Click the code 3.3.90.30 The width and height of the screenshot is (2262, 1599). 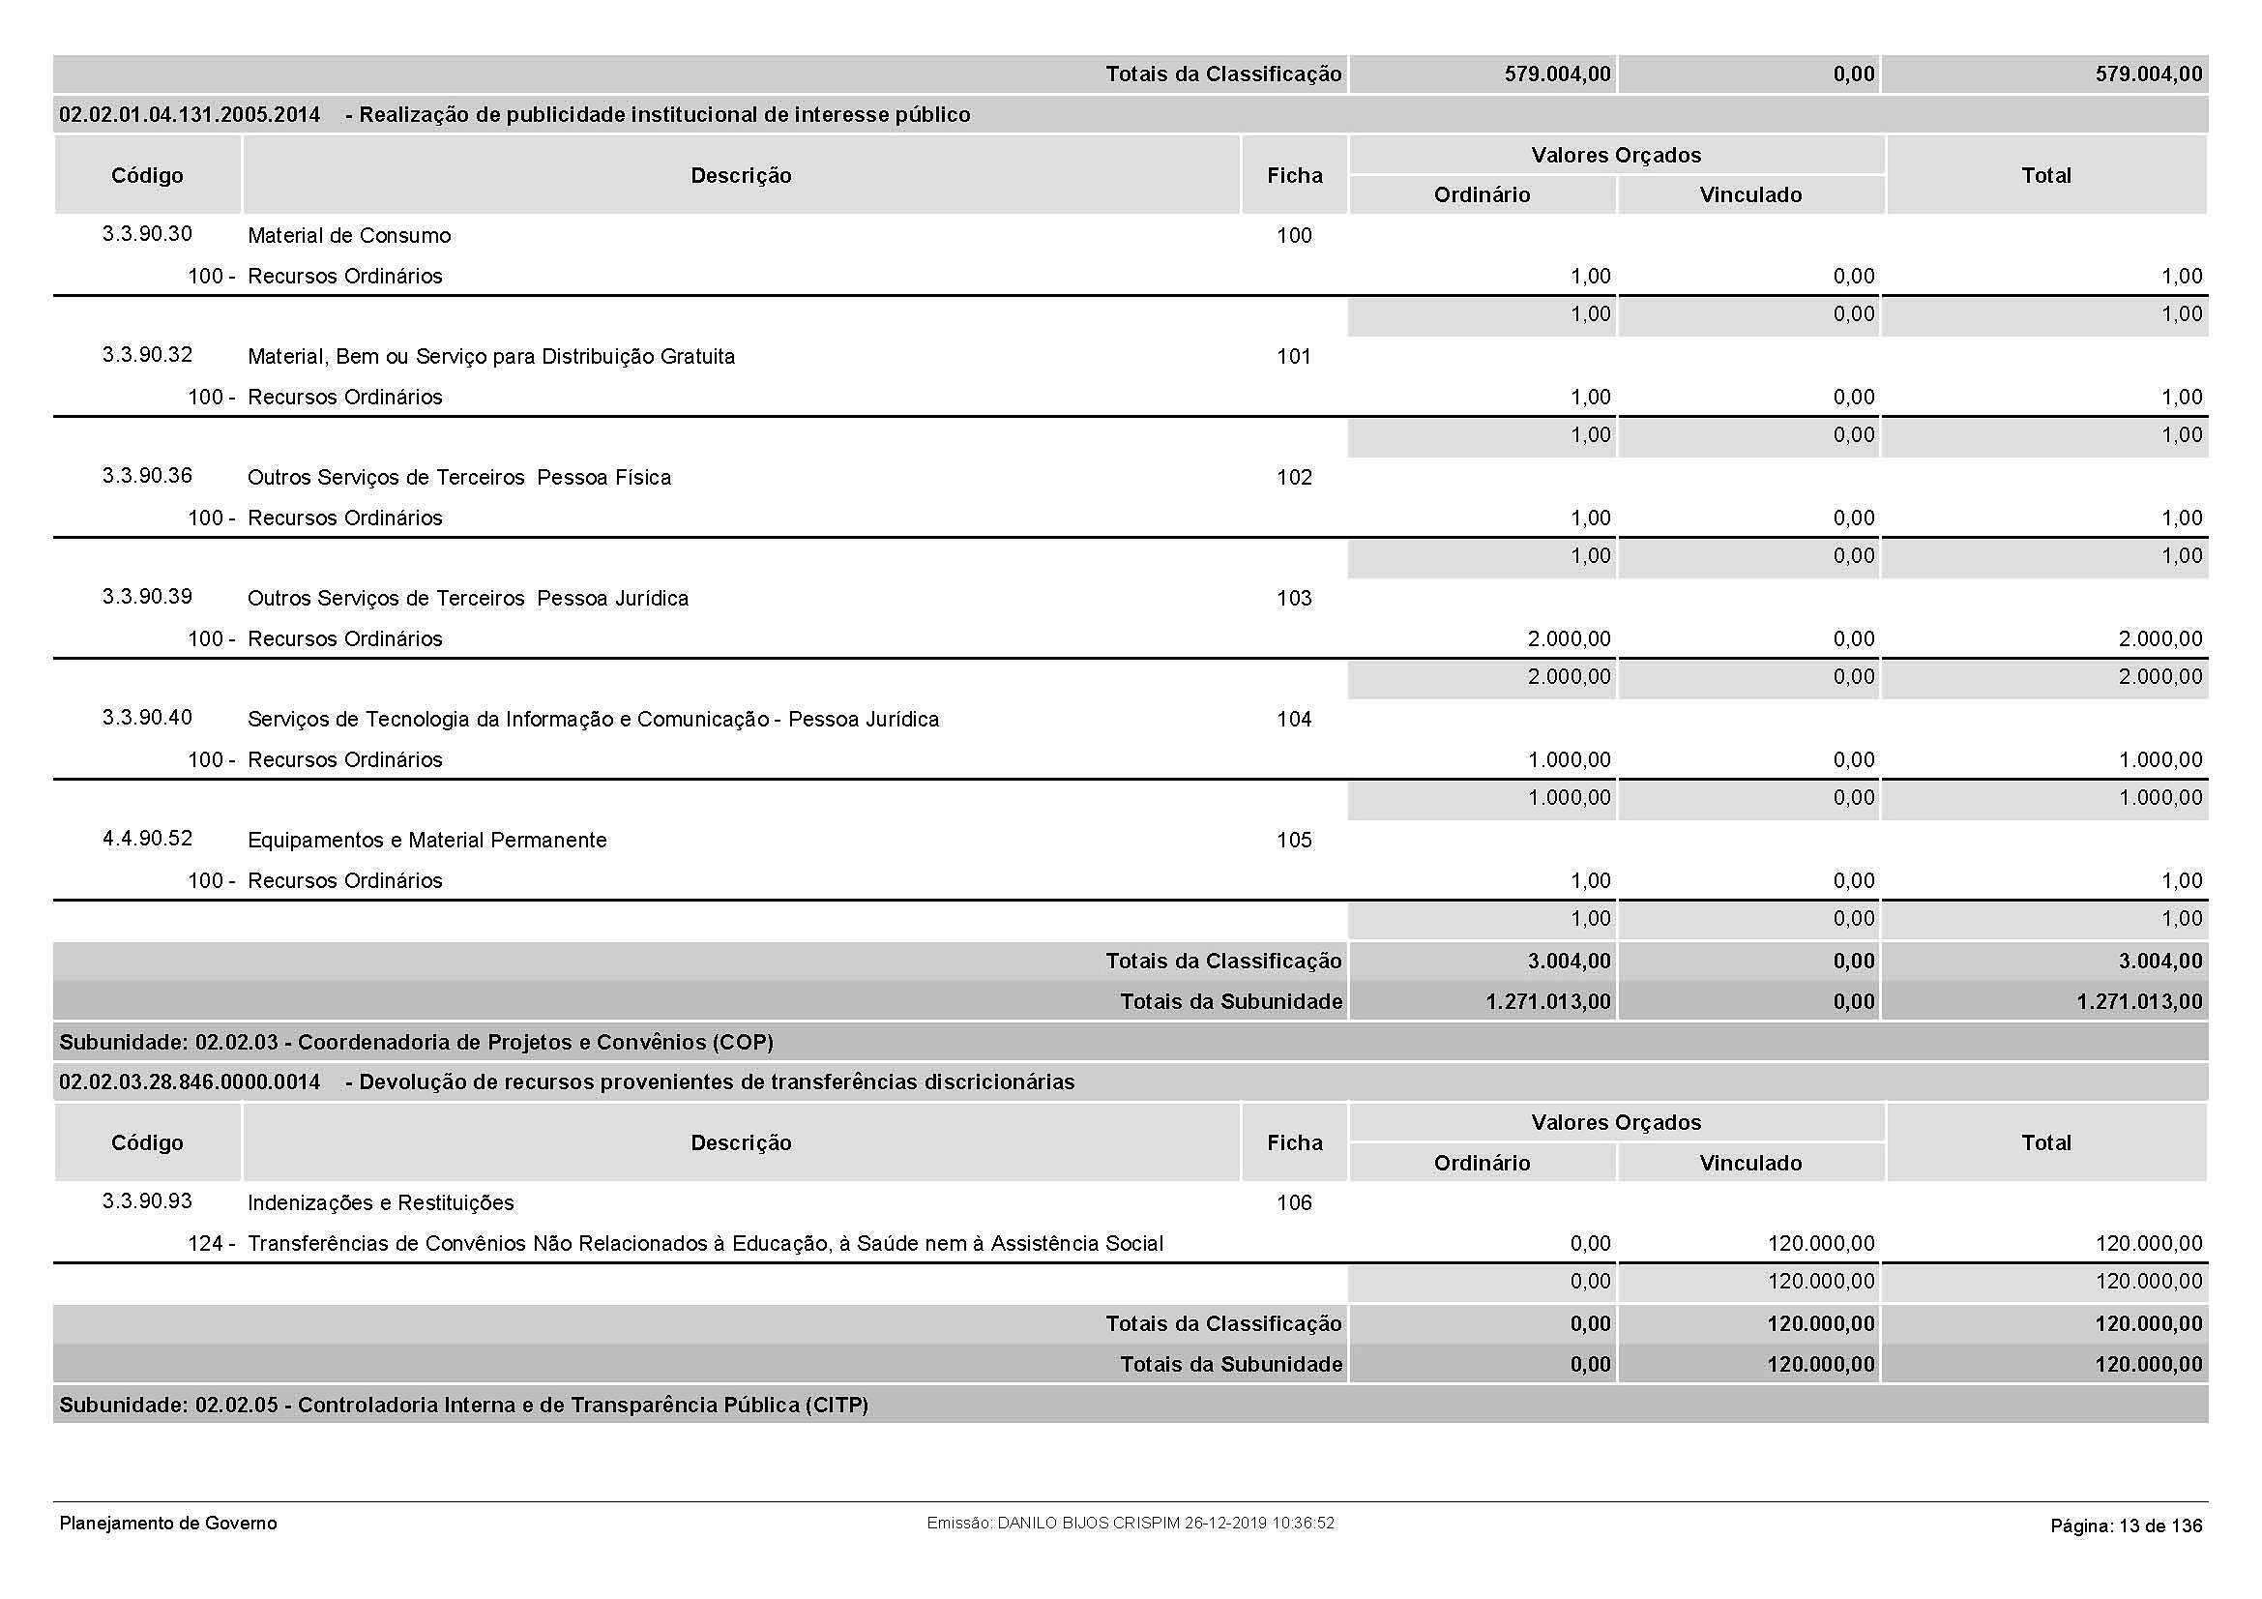pyautogui.click(x=147, y=234)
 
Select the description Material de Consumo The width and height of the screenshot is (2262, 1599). pyautogui.click(x=349, y=235)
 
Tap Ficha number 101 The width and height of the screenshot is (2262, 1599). pyautogui.click(x=1294, y=357)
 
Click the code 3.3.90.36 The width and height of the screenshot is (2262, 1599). pyautogui.click(x=147, y=476)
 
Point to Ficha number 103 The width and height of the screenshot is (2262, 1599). pyautogui.click(x=1294, y=598)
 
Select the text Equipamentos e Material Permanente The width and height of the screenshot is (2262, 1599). pyautogui.click(x=426, y=841)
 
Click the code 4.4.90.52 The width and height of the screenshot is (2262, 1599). pyautogui.click(x=147, y=839)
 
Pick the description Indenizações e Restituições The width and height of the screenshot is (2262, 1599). pyautogui.click(x=380, y=1203)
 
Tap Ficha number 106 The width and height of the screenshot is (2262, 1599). pyautogui.click(x=1294, y=1203)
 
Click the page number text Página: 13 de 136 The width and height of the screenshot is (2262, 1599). pyautogui.click(x=2126, y=1526)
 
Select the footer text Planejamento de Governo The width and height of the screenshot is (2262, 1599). pyautogui.click(x=168, y=1524)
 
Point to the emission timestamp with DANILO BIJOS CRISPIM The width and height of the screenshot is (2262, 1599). pyautogui.click(x=1130, y=1524)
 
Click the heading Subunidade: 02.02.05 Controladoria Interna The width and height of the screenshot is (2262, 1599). pyautogui.click(x=463, y=1405)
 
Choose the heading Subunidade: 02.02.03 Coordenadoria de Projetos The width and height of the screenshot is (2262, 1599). pyautogui.click(x=416, y=1043)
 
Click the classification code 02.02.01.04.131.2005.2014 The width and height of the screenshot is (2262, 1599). pyautogui.click(x=190, y=115)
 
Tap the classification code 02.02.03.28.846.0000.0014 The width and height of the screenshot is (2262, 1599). pyautogui.click(x=190, y=1082)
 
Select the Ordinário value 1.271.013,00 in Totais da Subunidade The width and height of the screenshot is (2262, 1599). pyautogui.click(x=1547, y=1002)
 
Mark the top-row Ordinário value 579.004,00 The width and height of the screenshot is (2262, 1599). pyautogui.click(x=1557, y=74)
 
